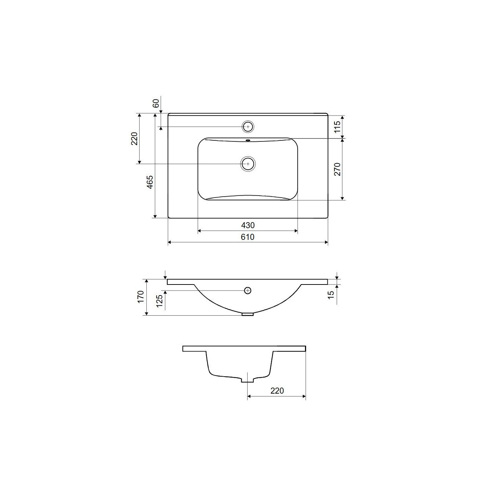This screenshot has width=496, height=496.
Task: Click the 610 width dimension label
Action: click(248, 237)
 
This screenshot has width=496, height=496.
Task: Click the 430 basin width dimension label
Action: click(248, 225)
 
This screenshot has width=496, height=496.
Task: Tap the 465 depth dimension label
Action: click(150, 182)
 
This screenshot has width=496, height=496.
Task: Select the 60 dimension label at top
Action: click(156, 103)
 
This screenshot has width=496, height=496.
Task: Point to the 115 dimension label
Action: click(337, 126)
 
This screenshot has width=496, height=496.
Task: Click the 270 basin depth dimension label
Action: click(337, 169)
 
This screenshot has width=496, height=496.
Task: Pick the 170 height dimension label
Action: click(141, 297)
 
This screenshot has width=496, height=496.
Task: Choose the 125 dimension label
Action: click(159, 301)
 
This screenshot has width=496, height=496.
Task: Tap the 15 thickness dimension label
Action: click(331, 294)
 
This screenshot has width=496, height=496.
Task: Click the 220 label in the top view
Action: click(135, 139)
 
